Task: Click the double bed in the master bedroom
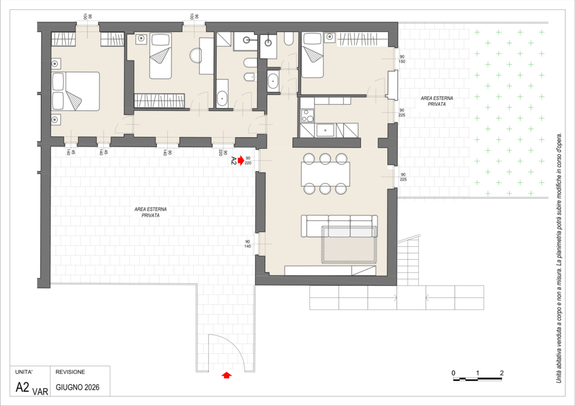(x=76, y=91)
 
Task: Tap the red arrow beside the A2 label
(x=240, y=160)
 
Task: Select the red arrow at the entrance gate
(x=227, y=375)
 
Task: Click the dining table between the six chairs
(x=325, y=174)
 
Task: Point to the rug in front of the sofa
(x=349, y=244)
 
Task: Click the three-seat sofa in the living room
(x=339, y=226)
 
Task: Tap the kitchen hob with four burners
(x=307, y=116)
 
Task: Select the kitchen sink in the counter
(x=325, y=130)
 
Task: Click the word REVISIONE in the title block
(x=70, y=372)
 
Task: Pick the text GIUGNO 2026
(x=77, y=387)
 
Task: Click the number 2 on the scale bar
(x=501, y=373)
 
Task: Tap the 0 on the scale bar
(x=454, y=373)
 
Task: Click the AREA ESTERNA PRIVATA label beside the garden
(x=437, y=101)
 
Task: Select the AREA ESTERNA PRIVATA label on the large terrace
(x=150, y=213)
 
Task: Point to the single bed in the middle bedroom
(x=160, y=56)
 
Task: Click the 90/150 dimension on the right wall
(x=402, y=59)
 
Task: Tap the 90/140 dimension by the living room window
(x=248, y=244)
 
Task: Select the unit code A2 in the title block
(x=22, y=387)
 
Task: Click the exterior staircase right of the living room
(x=408, y=261)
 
